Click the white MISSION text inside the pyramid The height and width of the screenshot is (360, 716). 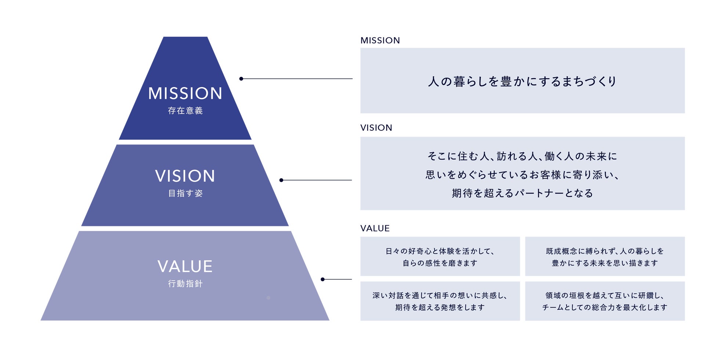coord(185,93)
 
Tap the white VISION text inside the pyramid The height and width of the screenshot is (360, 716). coord(185,176)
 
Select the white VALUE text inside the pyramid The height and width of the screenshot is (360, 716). coord(185,266)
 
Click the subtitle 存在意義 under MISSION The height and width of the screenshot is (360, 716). coord(185,111)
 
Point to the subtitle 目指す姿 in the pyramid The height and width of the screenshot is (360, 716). coord(185,193)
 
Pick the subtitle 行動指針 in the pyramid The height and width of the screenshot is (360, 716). coord(185,284)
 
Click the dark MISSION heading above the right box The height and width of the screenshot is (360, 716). coord(380,40)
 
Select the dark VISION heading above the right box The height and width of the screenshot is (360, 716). coord(376,128)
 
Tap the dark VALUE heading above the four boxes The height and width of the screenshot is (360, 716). coord(375,228)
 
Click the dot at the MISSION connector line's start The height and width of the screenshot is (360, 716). coord(241,79)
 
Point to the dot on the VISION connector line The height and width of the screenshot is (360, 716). coord(281,180)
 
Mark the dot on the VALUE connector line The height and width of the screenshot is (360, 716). coord(322,280)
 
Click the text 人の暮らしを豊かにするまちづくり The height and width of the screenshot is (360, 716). coord(522,81)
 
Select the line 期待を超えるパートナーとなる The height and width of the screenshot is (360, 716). coord(522,193)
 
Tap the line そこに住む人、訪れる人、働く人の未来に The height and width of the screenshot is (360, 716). coord(522,156)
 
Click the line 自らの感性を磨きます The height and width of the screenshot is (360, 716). coord(440,263)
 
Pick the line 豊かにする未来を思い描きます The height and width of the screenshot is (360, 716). coord(605,263)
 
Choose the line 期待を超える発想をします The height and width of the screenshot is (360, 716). coord(440,307)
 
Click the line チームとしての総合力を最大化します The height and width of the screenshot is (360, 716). coord(605,307)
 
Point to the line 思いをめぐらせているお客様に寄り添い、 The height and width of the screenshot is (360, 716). coord(522,175)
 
